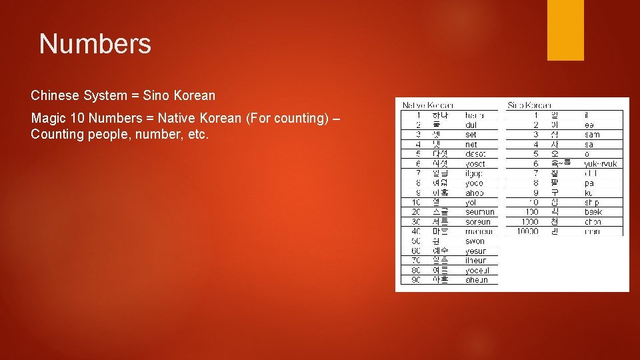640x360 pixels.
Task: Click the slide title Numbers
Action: pyautogui.click(x=95, y=44)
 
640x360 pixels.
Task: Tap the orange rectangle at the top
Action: pyautogui.click(x=565, y=29)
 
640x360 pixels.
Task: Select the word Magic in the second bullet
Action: pyautogui.click(x=46, y=118)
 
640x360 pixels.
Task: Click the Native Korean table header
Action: pyautogui.click(x=427, y=105)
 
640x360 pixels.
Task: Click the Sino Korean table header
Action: pyautogui.click(x=529, y=105)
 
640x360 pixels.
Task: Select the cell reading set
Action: pyautogui.click(x=471, y=135)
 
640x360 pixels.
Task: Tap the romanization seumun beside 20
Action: pyautogui.click(x=480, y=212)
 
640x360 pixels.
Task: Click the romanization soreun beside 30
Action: pyautogui.click(x=478, y=222)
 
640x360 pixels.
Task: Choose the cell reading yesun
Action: pyautogui.click(x=476, y=251)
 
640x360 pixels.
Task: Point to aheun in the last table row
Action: pyautogui.click(x=477, y=280)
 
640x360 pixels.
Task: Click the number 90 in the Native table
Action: pyautogui.click(x=416, y=280)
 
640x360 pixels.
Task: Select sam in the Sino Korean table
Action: pyautogui.click(x=592, y=135)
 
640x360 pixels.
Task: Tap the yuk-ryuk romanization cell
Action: pyautogui.click(x=601, y=164)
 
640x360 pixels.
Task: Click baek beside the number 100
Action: pyautogui.click(x=593, y=212)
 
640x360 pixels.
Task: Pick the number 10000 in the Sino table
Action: pyautogui.click(x=527, y=231)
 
